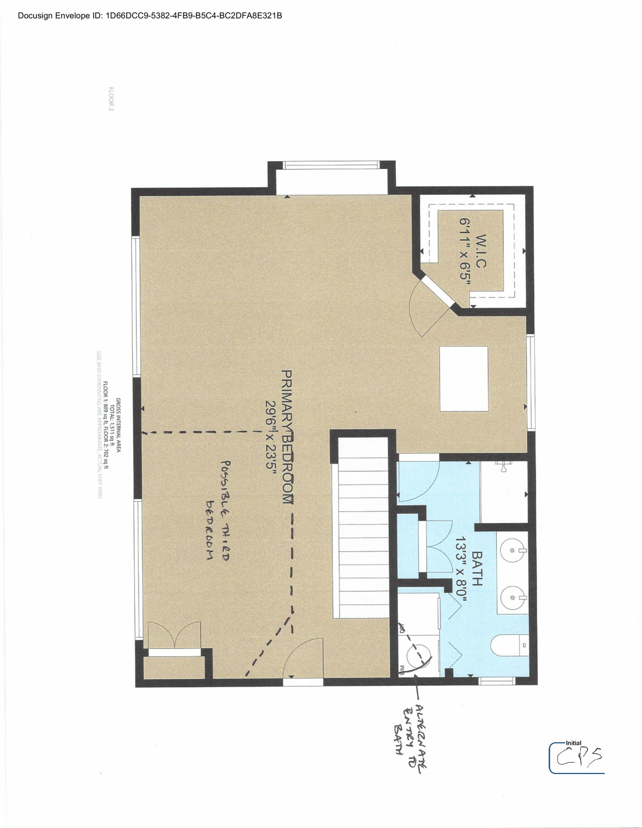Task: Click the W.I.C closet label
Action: (480, 251)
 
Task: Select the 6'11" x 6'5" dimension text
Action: (465, 251)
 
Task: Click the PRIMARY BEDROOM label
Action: (287, 437)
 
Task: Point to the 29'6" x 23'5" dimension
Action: (271, 439)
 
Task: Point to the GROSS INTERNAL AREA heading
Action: (118, 425)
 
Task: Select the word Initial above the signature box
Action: (574, 743)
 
